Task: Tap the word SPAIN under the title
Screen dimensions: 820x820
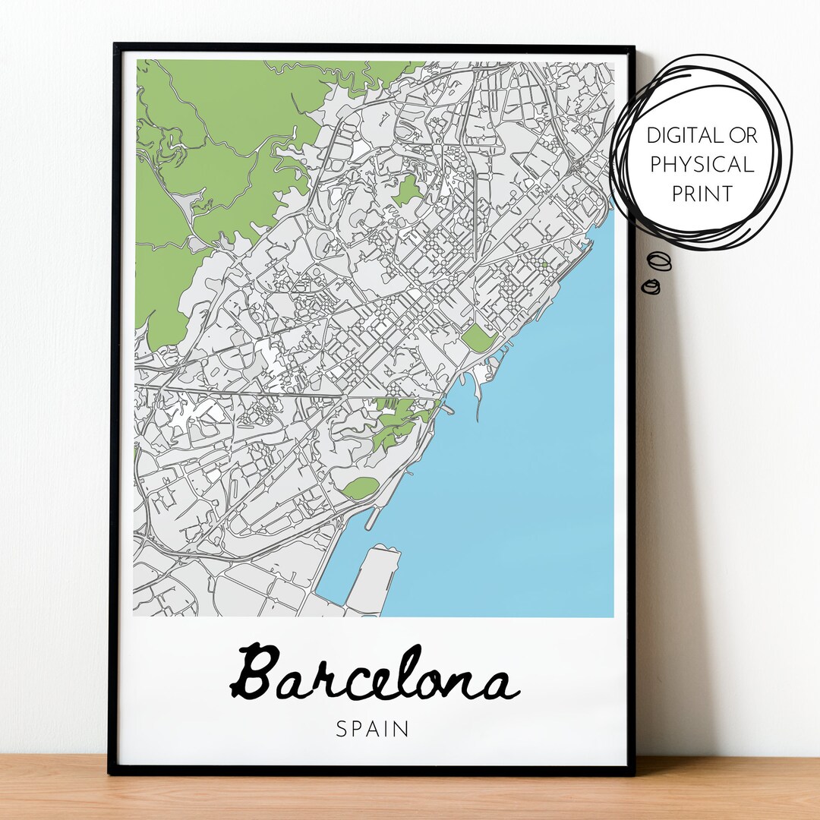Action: pos(373,729)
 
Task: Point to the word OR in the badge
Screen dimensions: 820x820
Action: pos(743,137)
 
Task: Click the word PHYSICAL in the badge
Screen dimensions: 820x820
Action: pos(702,165)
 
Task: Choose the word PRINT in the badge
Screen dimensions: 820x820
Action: pos(702,194)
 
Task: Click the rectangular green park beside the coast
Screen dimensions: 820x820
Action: pos(479,337)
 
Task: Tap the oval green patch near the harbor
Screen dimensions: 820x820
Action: pos(361,487)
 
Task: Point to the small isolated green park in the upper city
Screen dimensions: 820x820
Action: pos(407,189)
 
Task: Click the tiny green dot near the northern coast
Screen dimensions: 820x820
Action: pos(544,264)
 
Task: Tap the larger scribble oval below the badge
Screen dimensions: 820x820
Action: pos(661,260)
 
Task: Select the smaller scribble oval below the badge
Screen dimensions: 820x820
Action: pos(651,286)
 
